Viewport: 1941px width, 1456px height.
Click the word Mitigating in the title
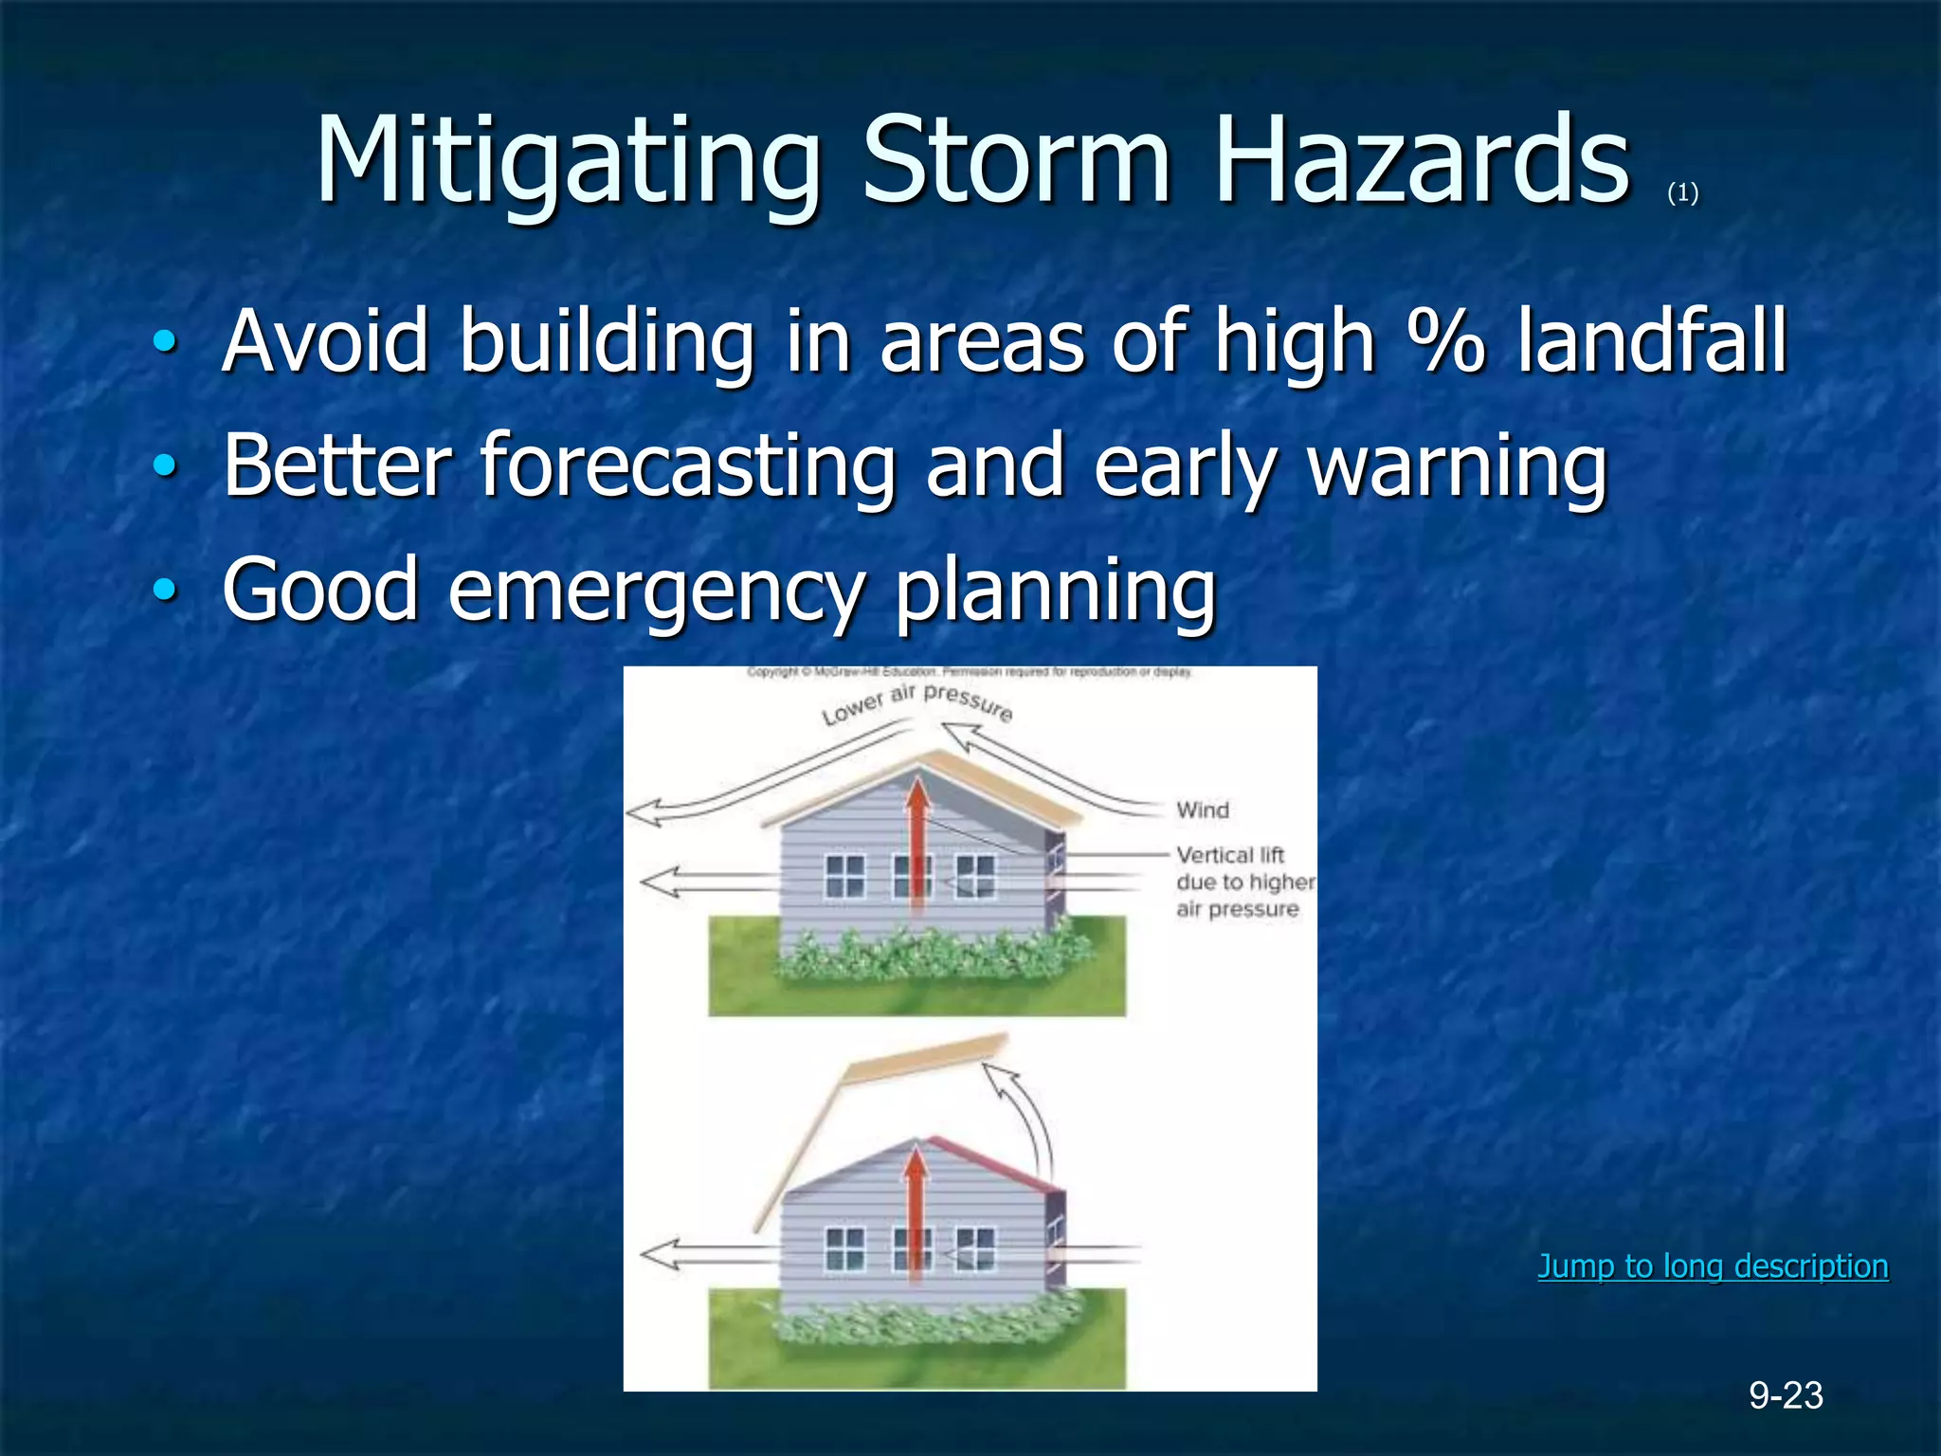coord(567,161)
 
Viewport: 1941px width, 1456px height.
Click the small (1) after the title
coord(1682,193)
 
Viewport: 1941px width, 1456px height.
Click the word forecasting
coord(688,466)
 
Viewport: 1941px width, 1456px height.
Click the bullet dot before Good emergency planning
coord(165,591)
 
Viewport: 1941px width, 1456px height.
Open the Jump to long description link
coord(1713,1266)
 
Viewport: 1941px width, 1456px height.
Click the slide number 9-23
coord(1786,1395)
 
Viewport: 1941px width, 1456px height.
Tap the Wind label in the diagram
coord(1202,810)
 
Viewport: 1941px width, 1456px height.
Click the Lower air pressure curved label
coord(916,702)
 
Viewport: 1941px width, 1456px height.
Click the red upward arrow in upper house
coord(916,844)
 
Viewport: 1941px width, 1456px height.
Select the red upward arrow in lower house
coord(915,1213)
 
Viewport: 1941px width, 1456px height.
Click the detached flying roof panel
coord(924,1057)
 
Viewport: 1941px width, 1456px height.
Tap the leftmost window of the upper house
coord(844,876)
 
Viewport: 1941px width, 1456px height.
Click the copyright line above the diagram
coord(969,672)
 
